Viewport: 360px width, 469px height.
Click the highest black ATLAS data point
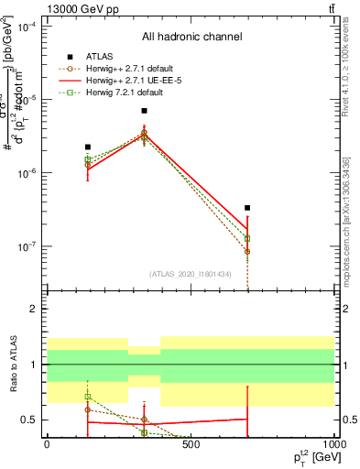pyautogui.click(x=144, y=111)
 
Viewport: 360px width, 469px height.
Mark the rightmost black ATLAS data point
pyautogui.click(x=247, y=208)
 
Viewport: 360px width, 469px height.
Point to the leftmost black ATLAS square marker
pyautogui.click(x=88, y=147)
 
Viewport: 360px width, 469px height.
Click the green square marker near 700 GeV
pyautogui.click(x=247, y=238)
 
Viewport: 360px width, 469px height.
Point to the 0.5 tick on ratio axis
pyautogui.click(x=29, y=420)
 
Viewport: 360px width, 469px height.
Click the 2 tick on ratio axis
pyautogui.click(x=34, y=309)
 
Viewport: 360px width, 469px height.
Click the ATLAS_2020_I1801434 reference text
pyautogui.click(x=191, y=273)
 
